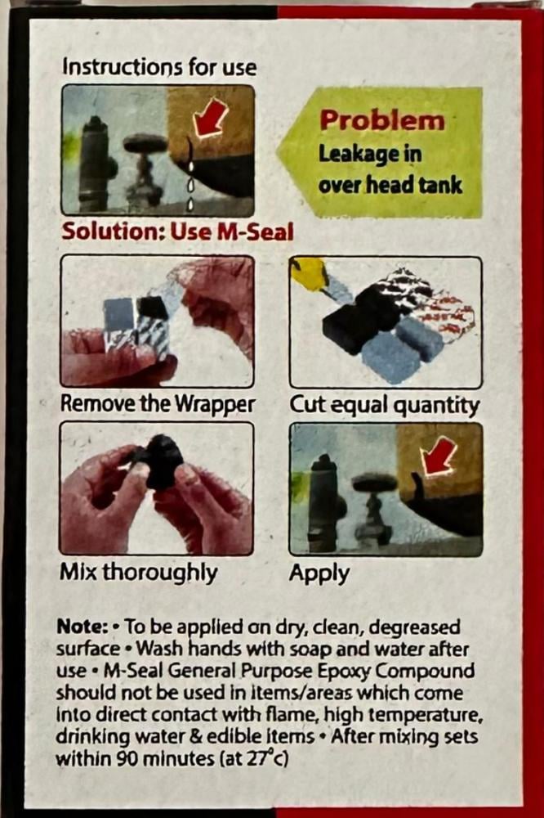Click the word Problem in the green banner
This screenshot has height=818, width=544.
click(382, 120)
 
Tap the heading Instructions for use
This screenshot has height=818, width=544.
click(159, 67)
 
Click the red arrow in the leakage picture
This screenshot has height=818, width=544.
click(211, 116)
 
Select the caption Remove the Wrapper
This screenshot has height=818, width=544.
click(158, 403)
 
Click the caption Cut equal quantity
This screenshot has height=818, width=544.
click(385, 405)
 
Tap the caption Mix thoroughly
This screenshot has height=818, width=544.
click(139, 573)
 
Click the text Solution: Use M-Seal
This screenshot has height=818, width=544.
click(178, 231)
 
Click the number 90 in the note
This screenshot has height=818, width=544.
click(130, 758)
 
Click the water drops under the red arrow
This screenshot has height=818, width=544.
click(191, 178)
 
